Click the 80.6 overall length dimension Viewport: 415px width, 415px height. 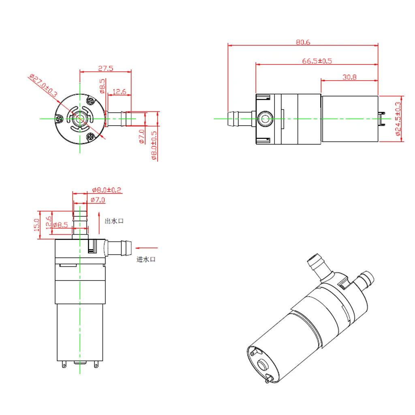303,42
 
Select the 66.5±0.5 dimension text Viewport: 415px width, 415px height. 317,61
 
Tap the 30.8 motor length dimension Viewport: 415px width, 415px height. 349,77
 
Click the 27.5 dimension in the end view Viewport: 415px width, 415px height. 105,68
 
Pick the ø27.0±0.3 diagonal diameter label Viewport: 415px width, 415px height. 43,86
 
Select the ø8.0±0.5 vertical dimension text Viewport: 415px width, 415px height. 154,145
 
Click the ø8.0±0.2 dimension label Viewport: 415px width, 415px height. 107,190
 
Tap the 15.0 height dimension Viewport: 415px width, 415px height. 37,225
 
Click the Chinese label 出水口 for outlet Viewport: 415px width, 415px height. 114,221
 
